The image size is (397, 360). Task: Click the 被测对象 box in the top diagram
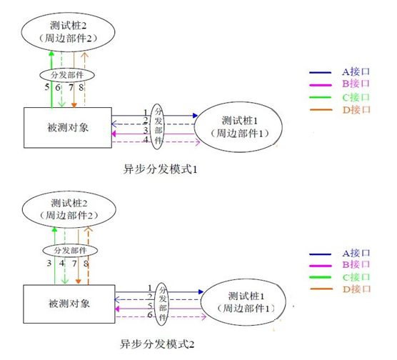tap(68, 127)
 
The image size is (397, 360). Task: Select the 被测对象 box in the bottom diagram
tap(69, 304)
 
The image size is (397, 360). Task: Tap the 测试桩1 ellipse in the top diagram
tap(238, 127)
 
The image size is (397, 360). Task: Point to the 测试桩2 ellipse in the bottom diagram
tap(69, 209)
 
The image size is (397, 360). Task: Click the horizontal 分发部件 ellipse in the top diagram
tap(67, 75)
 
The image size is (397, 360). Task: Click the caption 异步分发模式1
tap(160, 169)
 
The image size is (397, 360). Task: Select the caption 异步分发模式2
tap(157, 344)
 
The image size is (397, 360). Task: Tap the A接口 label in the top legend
tap(356, 72)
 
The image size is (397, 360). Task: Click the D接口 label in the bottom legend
tap(356, 289)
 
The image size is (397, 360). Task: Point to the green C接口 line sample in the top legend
tap(321, 97)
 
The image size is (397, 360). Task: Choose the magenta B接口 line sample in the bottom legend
tap(321, 266)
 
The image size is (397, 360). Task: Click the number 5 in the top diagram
tap(47, 87)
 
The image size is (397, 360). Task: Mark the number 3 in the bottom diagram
tap(49, 264)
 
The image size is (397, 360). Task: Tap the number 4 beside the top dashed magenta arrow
tap(146, 139)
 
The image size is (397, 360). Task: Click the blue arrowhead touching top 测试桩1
tap(195, 116)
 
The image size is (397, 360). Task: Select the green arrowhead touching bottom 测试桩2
tap(54, 229)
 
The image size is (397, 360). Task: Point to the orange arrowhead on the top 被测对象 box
tap(74, 105)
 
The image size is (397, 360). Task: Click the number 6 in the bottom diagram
tap(150, 315)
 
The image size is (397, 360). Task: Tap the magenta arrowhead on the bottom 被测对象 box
tap(117, 309)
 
